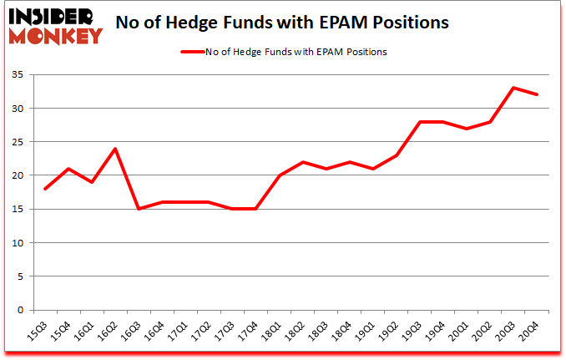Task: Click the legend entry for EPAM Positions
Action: pyautogui.click(x=285, y=52)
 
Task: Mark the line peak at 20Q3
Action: pyautogui.click(x=514, y=88)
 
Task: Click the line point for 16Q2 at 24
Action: pyautogui.click(x=114, y=149)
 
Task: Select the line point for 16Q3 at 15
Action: pyautogui.click(x=138, y=209)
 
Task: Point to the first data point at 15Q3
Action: pyautogui.click(x=44, y=189)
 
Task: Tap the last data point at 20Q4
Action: pyautogui.click(x=538, y=94)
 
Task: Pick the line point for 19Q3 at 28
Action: pyautogui.click(x=420, y=122)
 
